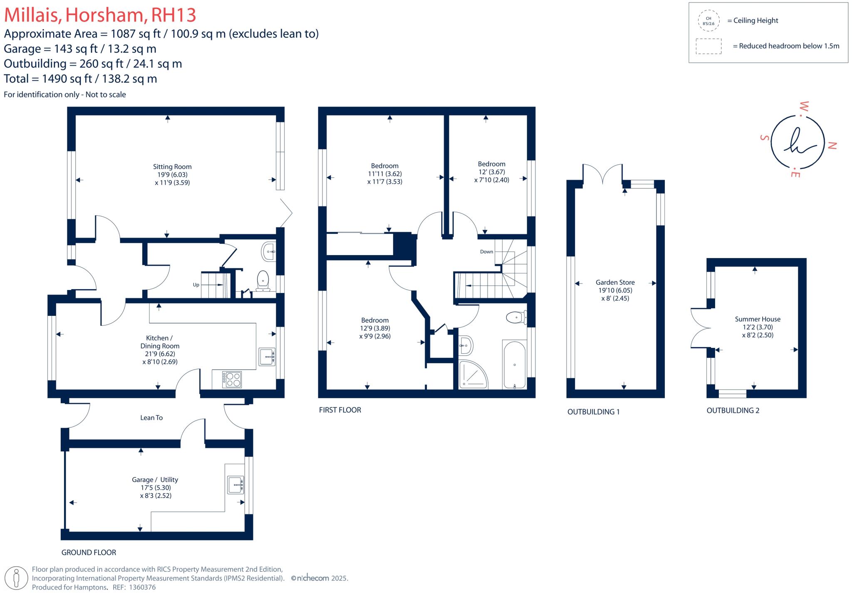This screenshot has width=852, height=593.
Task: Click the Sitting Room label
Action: click(x=172, y=167)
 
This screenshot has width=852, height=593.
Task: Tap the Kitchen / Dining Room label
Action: click(x=160, y=342)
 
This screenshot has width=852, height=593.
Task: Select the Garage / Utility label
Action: click(x=155, y=480)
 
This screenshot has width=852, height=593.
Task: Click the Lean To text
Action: click(x=151, y=418)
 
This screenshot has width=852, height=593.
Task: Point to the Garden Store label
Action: click(x=615, y=283)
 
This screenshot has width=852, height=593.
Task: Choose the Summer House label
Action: click(x=758, y=319)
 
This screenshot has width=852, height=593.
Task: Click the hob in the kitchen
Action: click(x=232, y=380)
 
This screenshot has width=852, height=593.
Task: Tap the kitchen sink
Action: click(x=267, y=357)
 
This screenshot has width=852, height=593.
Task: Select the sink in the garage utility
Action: click(x=235, y=485)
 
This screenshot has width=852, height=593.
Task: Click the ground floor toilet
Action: click(x=263, y=281)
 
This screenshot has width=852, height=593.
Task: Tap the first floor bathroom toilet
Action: click(x=516, y=318)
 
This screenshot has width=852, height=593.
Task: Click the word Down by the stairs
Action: click(x=486, y=252)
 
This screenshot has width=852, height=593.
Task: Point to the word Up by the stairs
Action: click(x=196, y=285)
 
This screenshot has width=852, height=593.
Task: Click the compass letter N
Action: click(x=832, y=146)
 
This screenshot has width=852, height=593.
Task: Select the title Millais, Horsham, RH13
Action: click(x=100, y=15)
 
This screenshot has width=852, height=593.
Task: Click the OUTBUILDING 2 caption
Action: click(x=733, y=411)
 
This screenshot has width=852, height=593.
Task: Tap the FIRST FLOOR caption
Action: click(x=340, y=410)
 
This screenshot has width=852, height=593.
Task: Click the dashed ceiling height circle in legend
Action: click(x=708, y=21)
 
